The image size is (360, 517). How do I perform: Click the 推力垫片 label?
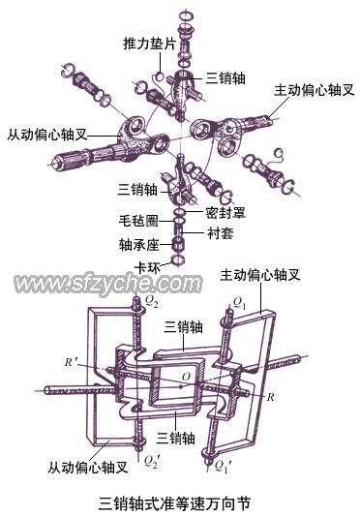(x=149, y=44)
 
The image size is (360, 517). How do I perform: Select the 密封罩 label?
(x=225, y=213)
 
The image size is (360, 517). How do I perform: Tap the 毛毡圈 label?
(x=138, y=220)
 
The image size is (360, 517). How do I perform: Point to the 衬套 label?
(x=220, y=232)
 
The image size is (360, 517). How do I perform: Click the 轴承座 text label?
(x=138, y=245)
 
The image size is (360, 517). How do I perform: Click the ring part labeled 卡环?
(x=177, y=259)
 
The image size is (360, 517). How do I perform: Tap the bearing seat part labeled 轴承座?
(x=178, y=245)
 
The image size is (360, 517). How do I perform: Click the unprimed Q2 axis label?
(x=151, y=301)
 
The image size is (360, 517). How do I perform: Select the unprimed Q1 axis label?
(x=239, y=303)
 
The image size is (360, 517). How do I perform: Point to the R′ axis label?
(x=71, y=362)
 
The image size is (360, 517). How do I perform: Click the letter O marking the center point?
(x=186, y=376)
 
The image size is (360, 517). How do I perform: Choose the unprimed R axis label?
(x=270, y=397)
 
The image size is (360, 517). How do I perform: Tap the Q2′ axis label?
(x=152, y=461)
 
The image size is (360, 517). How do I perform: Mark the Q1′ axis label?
(x=224, y=467)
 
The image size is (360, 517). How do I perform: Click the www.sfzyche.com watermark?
(x=108, y=284)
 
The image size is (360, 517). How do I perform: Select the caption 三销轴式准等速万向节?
(x=174, y=502)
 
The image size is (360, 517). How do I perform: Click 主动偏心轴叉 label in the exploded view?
(x=315, y=90)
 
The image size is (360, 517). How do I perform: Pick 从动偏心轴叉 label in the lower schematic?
(x=88, y=468)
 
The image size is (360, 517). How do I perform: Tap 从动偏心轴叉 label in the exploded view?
(x=47, y=135)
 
